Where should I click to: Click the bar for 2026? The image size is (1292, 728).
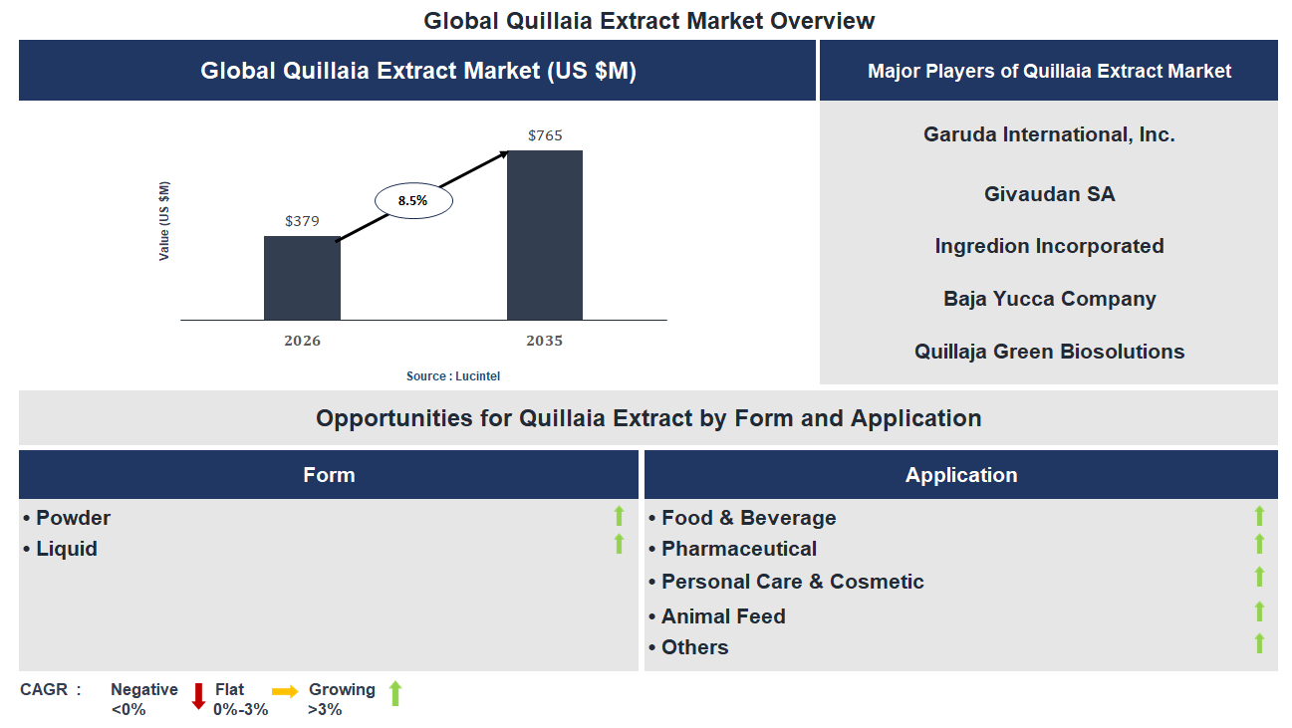coord(302,278)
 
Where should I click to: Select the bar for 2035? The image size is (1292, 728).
coord(545,235)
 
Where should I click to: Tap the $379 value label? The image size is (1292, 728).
coord(302,221)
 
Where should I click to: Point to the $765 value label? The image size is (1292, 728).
coord(545,135)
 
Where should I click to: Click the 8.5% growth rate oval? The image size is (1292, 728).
coord(413,201)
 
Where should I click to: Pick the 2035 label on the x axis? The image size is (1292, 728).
coord(545,341)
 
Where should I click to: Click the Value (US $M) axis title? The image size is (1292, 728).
coord(164,221)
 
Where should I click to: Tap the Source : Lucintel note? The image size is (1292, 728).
coord(453,376)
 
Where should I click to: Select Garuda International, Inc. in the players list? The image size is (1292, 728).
coord(1049,134)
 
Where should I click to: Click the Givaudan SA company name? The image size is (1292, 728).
coord(1049,194)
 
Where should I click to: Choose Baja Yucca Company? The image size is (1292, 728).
coord(1049,299)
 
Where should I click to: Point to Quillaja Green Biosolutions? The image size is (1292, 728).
coord(1049,352)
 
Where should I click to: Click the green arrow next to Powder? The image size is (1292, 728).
coord(619,516)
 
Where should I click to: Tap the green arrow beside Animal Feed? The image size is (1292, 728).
coord(1259,611)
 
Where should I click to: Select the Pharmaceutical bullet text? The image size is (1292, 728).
coord(738,549)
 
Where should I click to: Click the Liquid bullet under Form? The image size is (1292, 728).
coord(66,549)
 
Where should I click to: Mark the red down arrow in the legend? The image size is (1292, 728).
coord(198,695)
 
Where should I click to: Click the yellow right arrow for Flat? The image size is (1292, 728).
coord(286,691)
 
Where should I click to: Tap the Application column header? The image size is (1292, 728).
coord(961,475)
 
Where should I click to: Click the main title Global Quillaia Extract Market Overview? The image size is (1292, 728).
coord(649,21)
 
